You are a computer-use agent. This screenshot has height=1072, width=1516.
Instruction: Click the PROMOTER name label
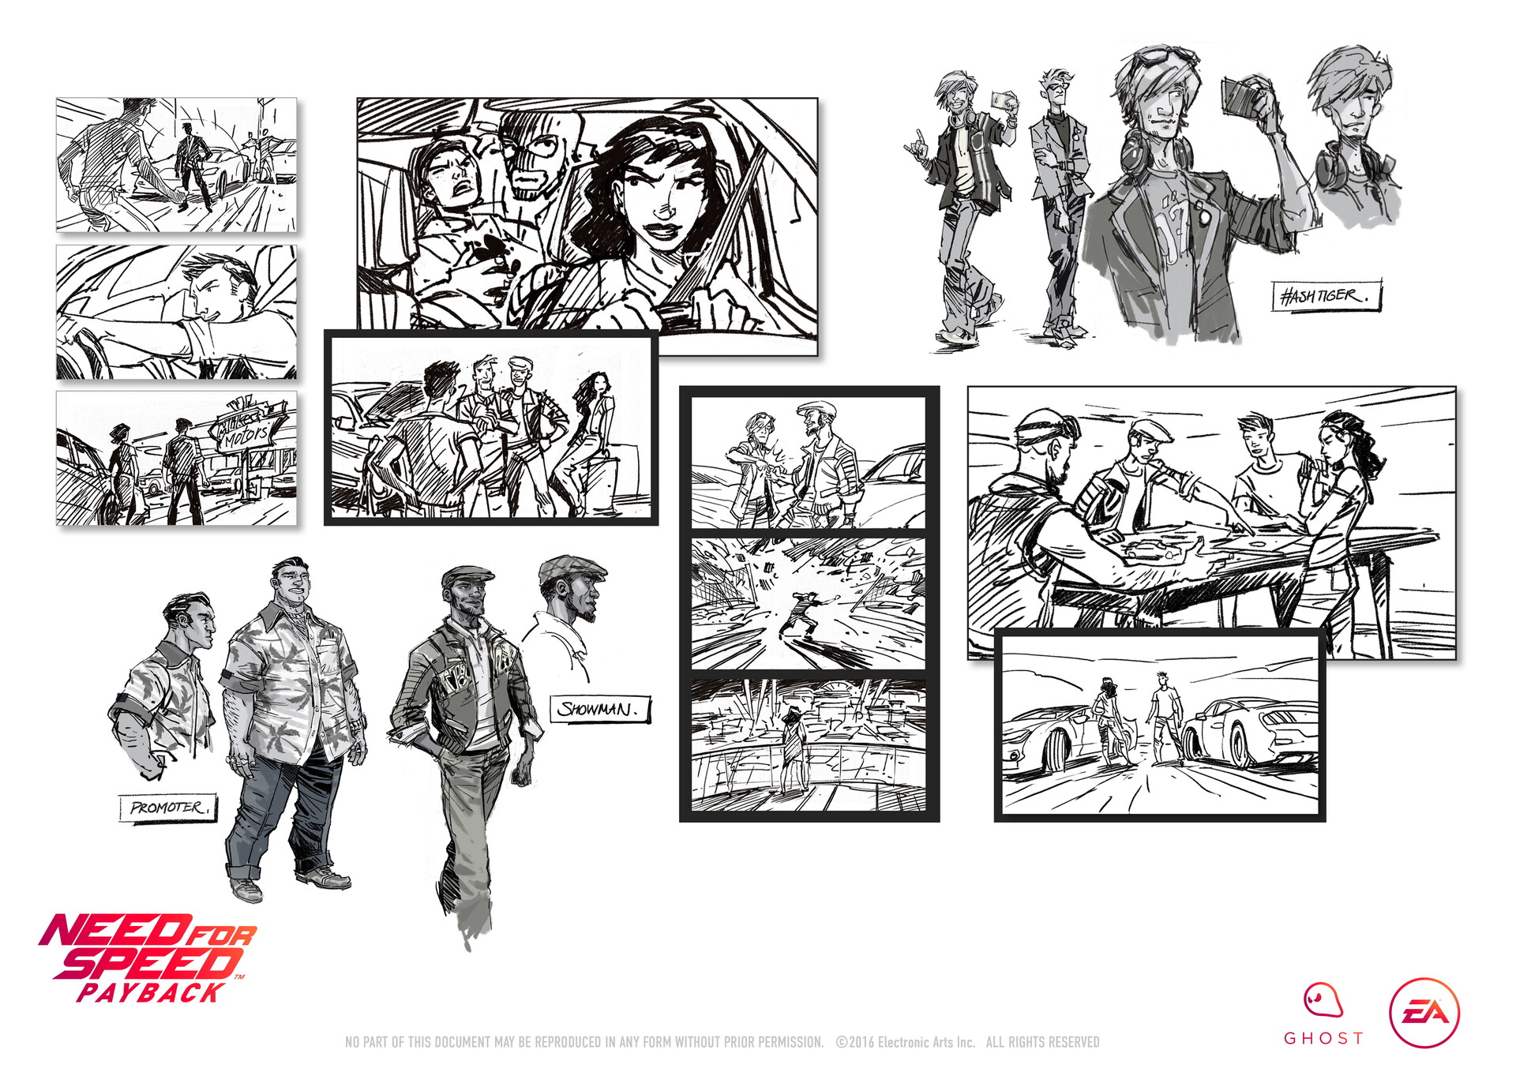[x=167, y=808]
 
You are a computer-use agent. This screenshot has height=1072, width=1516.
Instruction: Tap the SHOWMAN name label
[x=599, y=709]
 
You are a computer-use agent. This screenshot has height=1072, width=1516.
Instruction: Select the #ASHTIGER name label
[x=1326, y=296]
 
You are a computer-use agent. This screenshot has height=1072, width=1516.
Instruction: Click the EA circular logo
[x=1424, y=1013]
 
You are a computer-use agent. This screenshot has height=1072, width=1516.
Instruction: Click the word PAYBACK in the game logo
[x=150, y=992]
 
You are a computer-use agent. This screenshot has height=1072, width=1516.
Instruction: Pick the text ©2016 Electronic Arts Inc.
[x=906, y=1042]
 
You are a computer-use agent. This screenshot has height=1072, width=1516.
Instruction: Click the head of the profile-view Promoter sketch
[x=189, y=617]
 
